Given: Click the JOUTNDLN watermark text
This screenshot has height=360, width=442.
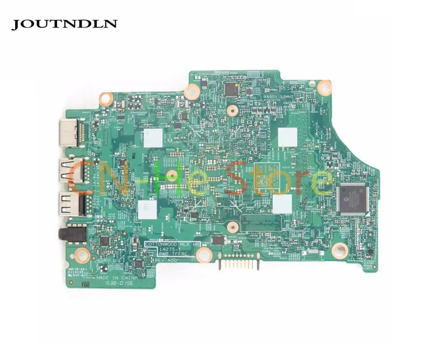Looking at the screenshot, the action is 64,23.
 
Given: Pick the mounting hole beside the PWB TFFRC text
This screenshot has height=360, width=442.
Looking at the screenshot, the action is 205,254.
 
